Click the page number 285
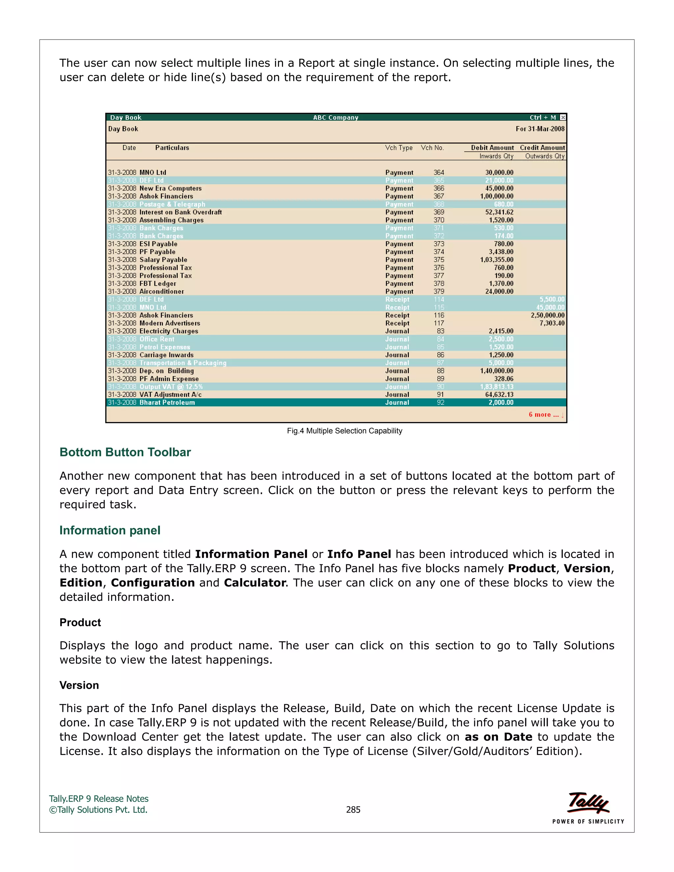coord(353,810)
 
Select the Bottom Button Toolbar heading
coord(125,452)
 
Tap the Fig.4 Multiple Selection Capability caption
coord(344,431)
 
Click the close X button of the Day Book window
coord(562,117)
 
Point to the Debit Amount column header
coord(492,148)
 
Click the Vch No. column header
coord(432,148)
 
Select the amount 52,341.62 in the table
coord(499,212)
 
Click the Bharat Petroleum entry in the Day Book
coord(167,402)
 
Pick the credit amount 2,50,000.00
coord(547,315)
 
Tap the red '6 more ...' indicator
coord(545,414)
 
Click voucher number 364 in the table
coord(438,172)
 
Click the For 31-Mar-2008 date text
coord(540,129)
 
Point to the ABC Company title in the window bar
coord(335,117)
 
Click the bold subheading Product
coord(80,623)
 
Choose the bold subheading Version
coord(79,685)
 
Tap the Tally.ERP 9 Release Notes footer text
coord(99,799)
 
